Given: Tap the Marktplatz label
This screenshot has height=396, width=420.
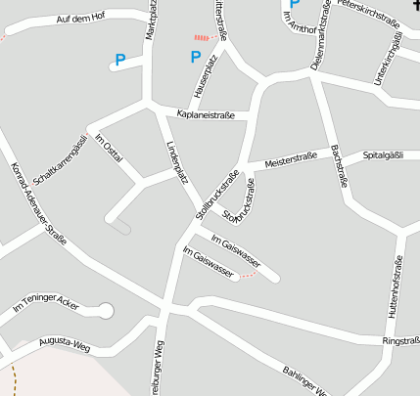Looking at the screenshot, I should pos(151,21).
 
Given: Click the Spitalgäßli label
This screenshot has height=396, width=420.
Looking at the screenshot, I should pos(384,154).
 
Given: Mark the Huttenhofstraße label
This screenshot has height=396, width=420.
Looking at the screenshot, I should pos(397,286).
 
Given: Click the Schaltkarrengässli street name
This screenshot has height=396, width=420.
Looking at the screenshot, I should pos(61,160).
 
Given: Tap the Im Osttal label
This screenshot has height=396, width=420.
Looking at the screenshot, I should pos(110,152).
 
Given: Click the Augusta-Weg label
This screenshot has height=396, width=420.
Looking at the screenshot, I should pos(65,345).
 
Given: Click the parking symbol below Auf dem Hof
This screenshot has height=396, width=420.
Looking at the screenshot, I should pos(120,61).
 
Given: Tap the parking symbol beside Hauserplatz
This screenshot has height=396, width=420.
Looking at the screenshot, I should pos(195,57).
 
